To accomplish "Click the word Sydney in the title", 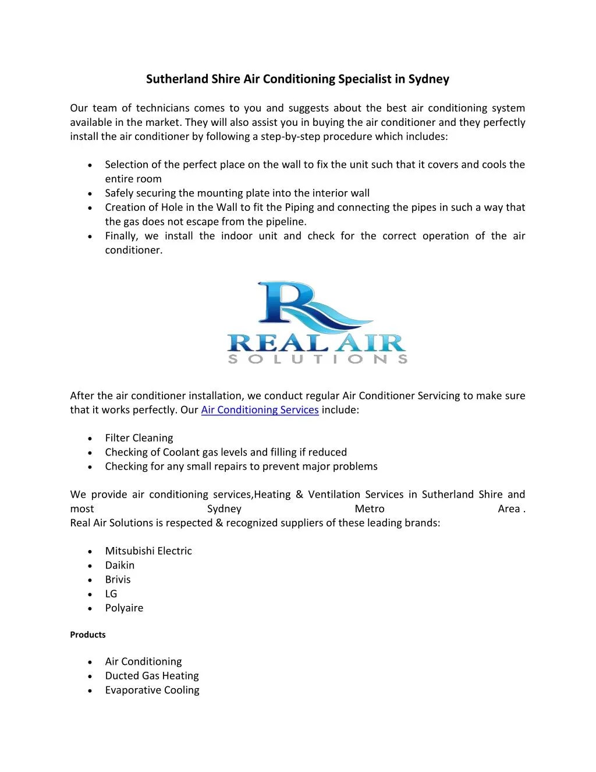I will [428, 79].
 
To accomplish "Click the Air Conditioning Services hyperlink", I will [260, 410].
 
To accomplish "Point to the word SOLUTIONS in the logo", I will [317, 359].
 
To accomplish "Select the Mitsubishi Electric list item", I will [148, 551].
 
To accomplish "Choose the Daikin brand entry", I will [119, 565].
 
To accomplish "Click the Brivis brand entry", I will [118, 580].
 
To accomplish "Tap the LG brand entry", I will [111, 594].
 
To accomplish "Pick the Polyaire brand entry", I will [123, 608].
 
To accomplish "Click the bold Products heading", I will [87, 635].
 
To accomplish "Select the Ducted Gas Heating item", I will [151, 676].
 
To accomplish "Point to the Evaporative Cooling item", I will [152, 690].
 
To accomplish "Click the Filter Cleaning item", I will [139, 438].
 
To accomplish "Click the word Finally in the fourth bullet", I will [120, 236].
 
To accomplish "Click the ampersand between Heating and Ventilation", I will [299, 495].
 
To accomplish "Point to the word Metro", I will [369, 509].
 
